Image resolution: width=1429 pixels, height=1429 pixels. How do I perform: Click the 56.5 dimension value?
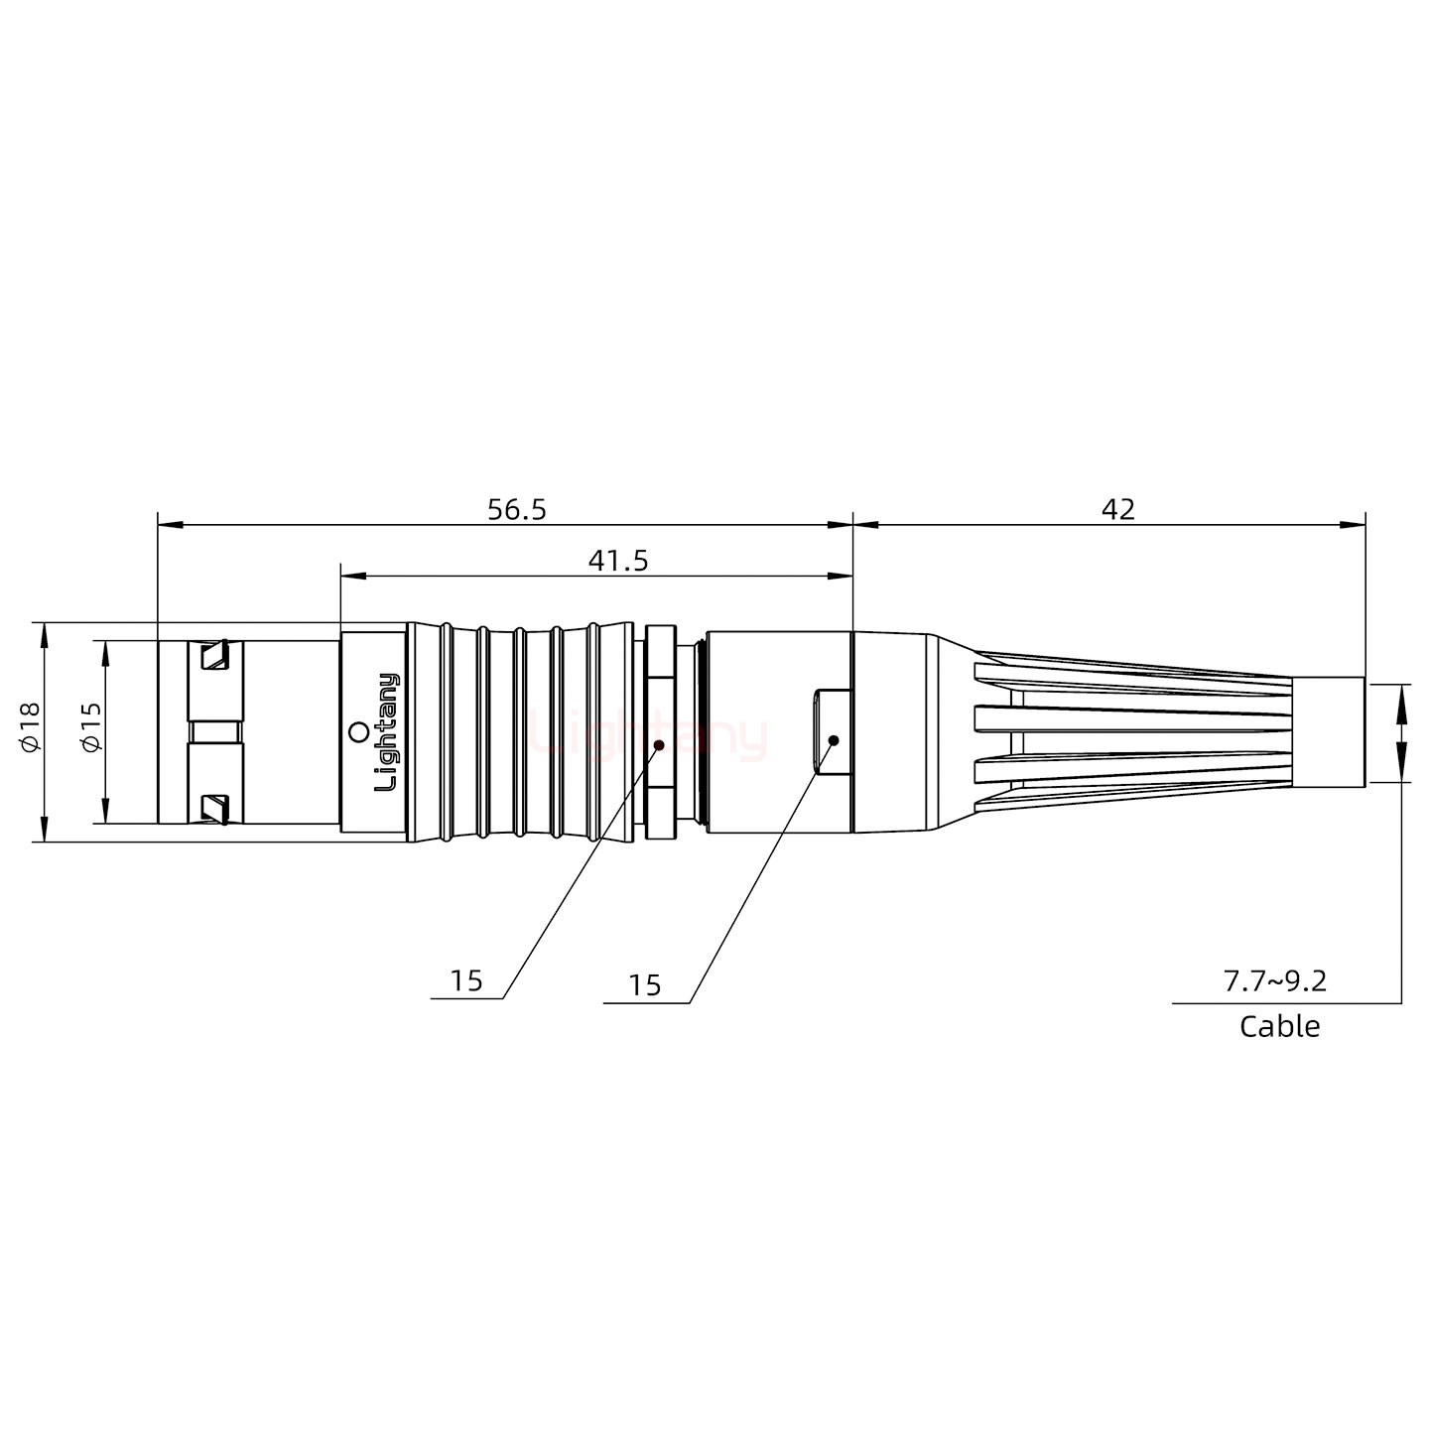[x=516, y=509]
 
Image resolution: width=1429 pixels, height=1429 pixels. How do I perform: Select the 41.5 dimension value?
[x=617, y=561]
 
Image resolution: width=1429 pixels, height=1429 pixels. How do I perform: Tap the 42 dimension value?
[x=1117, y=509]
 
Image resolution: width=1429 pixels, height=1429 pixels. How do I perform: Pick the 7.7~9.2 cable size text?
[x=1274, y=981]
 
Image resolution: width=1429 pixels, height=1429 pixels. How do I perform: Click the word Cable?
[x=1279, y=1026]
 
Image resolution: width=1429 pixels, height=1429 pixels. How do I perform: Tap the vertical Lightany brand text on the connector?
[x=386, y=731]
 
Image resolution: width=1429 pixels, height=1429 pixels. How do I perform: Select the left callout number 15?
[x=465, y=980]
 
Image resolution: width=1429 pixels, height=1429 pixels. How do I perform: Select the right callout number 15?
[x=644, y=985]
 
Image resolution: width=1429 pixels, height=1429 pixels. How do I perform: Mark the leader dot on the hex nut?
[x=659, y=743]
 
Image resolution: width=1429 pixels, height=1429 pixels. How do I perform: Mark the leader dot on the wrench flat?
[x=834, y=740]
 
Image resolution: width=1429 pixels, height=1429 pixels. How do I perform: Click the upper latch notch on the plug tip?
[x=214, y=656]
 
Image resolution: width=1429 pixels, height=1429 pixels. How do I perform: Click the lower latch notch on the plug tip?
[x=214, y=808]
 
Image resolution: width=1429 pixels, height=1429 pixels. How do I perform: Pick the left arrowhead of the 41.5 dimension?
[x=350, y=576]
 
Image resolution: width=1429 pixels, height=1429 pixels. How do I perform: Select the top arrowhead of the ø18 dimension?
[x=43, y=632]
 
